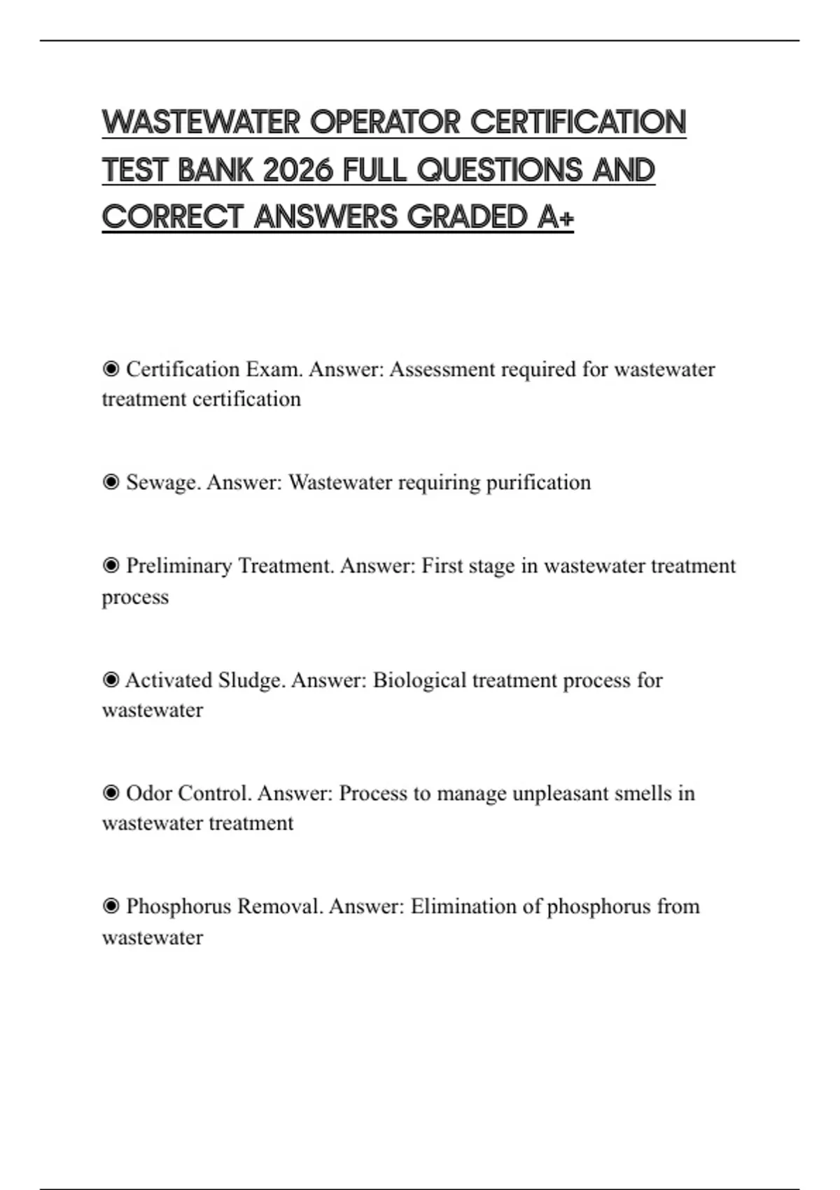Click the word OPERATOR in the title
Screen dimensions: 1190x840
pyautogui.click(x=385, y=122)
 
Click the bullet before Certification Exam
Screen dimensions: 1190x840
pyautogui.click(x=111, y=369)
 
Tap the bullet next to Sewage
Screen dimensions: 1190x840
pyautogui.click(x=111, y=482)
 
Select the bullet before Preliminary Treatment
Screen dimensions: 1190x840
pyautogui.click(x=111, y=566)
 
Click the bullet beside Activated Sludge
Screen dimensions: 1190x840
pyautogui.click(x=111, y=680)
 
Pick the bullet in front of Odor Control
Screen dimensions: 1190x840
pyautogui.click(x=111, y=793)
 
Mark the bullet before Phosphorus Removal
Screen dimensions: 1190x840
pyautogui.click(x=111, y=906)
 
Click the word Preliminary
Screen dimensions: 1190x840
pyautogui.click(x=178, y=566)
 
